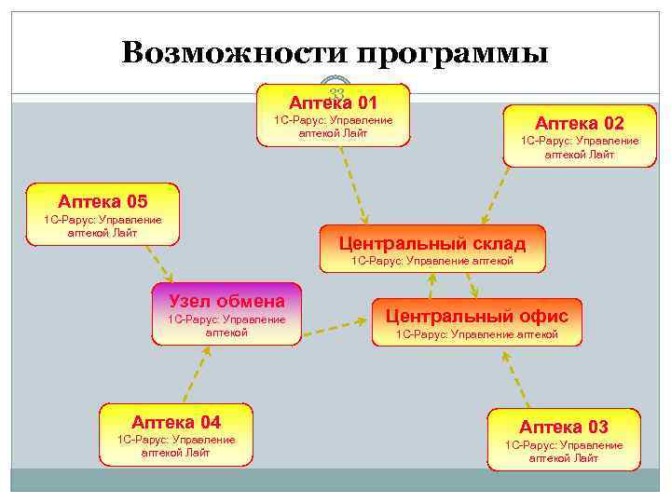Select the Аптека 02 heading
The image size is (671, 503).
tap(579, 123)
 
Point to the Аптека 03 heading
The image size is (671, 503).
tap(564, 427)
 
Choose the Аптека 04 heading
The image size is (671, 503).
tap(176, 421)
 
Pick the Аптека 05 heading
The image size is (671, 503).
tap(103, 200)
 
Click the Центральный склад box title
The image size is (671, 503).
tap(432, 243)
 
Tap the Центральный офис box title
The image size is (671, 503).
tap(476, 316)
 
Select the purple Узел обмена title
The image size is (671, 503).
tap(226, 300)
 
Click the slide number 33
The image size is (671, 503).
tap(337, 91)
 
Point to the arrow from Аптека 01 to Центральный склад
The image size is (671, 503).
tap(351, 182)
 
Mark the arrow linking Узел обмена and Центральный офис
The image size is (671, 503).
tap(335, 326)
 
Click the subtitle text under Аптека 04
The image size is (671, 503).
tap(175, 446)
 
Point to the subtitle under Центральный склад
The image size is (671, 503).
tap(431, 261)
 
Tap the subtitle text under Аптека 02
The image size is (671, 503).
tap(579, 147)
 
